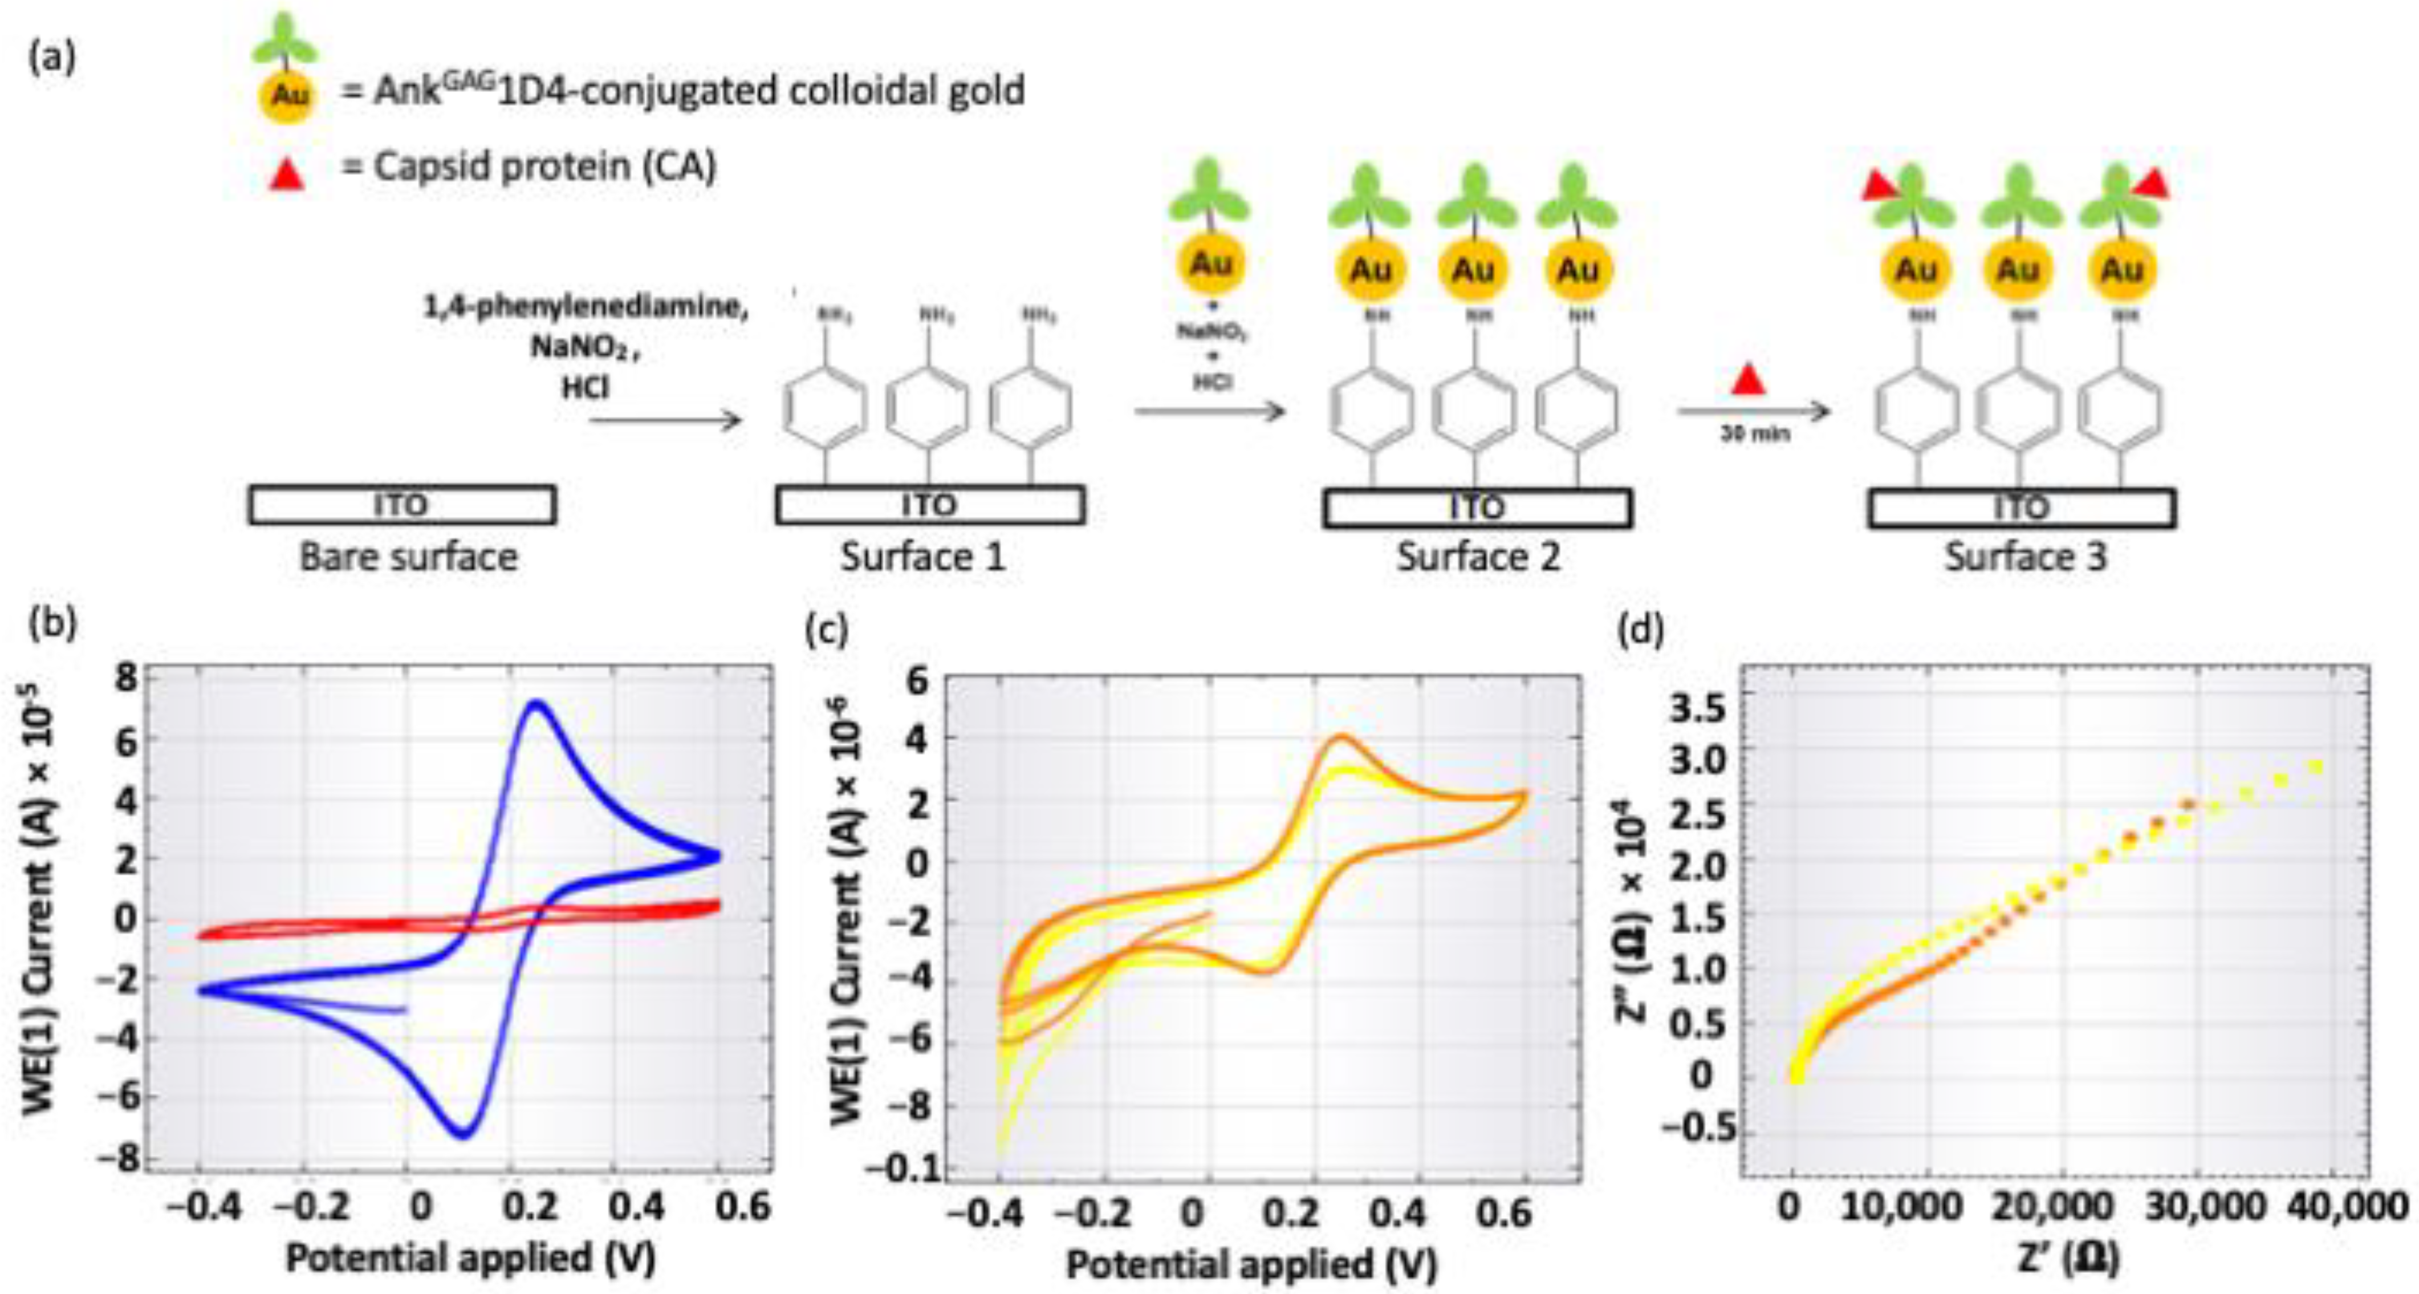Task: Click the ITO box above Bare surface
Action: (402, 505)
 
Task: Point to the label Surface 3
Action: (2024, 557)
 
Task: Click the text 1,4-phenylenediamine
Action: (586, 308)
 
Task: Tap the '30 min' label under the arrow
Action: (1754, 434)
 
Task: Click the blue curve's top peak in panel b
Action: (536, 703)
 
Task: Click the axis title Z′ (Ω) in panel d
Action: (2066, 1258)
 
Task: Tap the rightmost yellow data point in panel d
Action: (2315, 767)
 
